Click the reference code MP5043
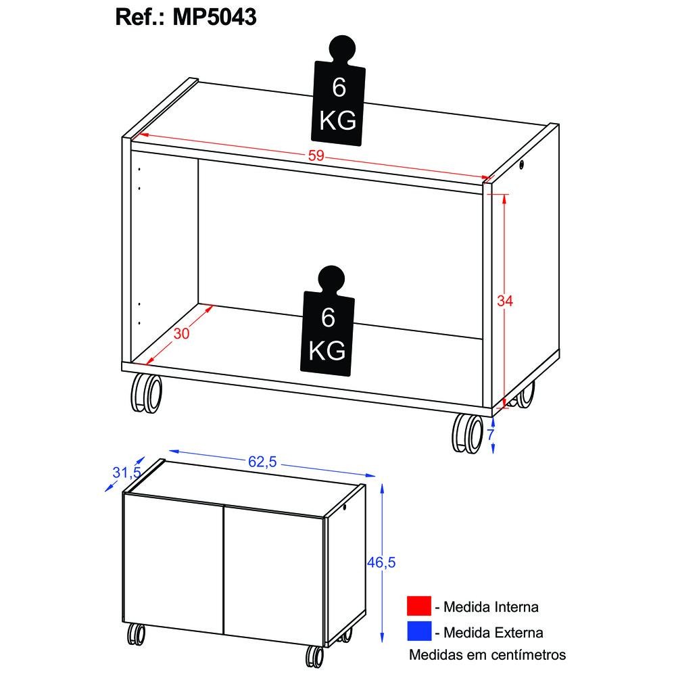coord(214,18)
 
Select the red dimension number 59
coord(316,155)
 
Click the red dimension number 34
coord(505,301)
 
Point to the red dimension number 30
coord(181,333)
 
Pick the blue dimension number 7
coord(491,435)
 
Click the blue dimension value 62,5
coord(262,462)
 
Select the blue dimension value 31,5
coord(127,473)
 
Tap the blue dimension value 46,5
coord(381,562)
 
